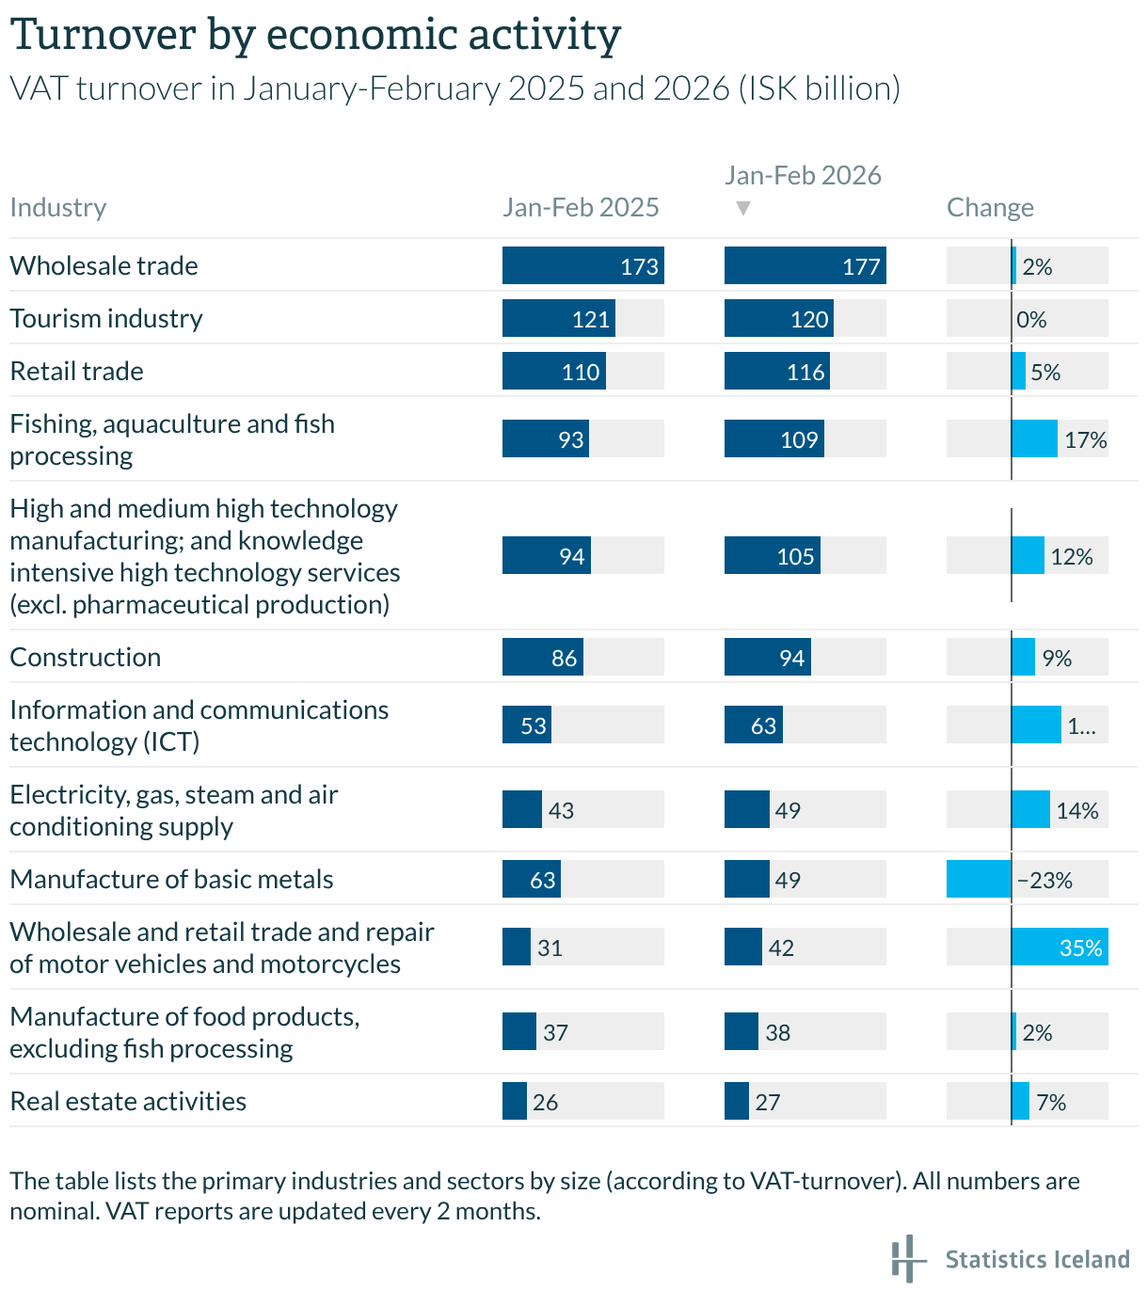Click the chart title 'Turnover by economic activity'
[315, 36]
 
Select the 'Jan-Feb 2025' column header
[581, 207]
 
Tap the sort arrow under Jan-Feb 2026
[742, 208]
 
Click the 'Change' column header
[990, 207]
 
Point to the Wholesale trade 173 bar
[582, 265]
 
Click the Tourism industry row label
[106, 318]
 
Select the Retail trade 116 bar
[776, 371]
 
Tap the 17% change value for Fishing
[1085, 439]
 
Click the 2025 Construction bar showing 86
[542, 657]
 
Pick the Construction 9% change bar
[1023, 657]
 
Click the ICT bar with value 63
[753, 725]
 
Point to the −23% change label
[1044, 880]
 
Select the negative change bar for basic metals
[979, 879]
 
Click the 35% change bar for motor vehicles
[1060, 947]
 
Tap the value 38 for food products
[777, 1032]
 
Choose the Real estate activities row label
[128, 1101]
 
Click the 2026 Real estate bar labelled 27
[736, 1101]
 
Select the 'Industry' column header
[58, 207]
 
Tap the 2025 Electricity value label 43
[561, 810]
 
